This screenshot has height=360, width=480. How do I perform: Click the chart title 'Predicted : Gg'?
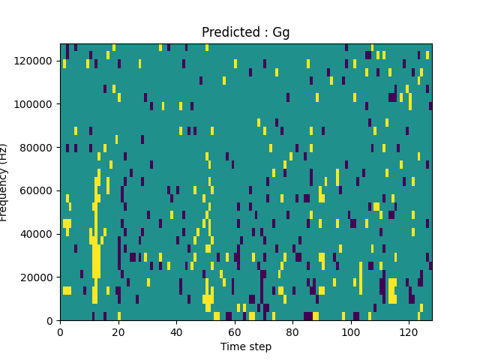(246, 32)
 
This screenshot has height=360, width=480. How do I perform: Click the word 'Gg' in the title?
(281, 32)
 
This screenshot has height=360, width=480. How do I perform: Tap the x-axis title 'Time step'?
(246, 346)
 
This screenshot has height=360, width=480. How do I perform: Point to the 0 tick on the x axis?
(60, 331)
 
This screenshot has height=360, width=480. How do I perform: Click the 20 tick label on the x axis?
(118, 331)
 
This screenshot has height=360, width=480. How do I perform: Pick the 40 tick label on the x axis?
(176, 331)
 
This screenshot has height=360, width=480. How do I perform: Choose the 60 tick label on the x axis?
(235, 331)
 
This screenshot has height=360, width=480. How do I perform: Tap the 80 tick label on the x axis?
(292, 331)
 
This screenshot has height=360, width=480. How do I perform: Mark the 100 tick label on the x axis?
(351, 331)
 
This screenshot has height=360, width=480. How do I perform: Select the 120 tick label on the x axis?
(409, 331)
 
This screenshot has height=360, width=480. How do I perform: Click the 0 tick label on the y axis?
(51, 321)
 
